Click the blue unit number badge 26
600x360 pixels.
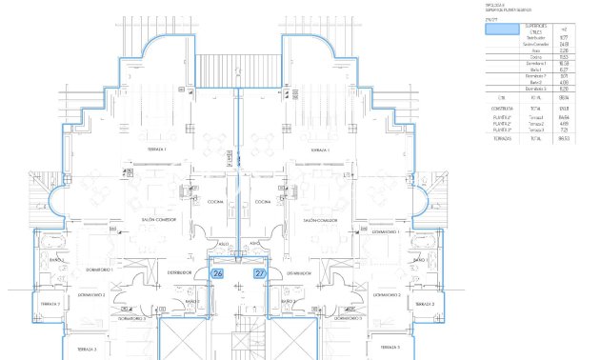pyautogui.click(x=217, y=273)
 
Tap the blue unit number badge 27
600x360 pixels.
pyautogui.click(x=260, y=273)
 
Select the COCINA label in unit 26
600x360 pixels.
pyautogui.click(x=214, y=202)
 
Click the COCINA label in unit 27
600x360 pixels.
pyautogui.click(x=263, y=202)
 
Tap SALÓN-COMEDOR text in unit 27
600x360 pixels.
pyautogui.click(x=320, y=219)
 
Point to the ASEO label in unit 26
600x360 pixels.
pyautogui.click(x=225, y=244)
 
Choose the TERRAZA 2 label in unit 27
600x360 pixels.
pyautogui.click(x=425, y=305)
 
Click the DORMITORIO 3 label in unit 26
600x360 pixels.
pyautogui.click(x=131, y=319)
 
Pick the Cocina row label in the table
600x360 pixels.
pyautogui.click(x=536, y=57)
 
